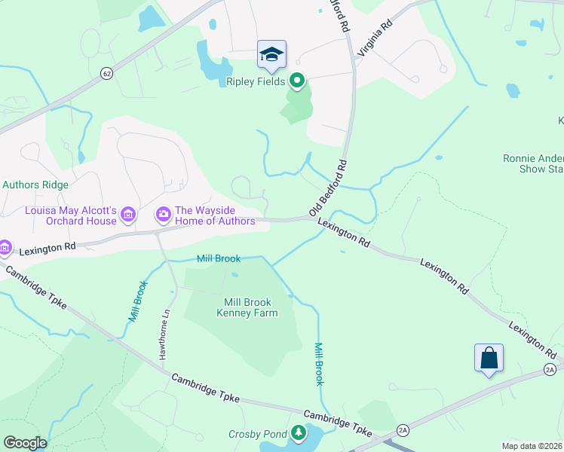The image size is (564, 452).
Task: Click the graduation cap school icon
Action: click(271, 54)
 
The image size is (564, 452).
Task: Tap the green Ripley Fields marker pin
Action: click(297, 80)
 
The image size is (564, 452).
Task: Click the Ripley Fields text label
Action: click(256, 81)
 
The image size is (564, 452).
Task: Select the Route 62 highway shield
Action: click(106, 74)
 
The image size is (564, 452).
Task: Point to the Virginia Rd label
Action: click(376, 40)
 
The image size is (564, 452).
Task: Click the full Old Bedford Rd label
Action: click(328, 188)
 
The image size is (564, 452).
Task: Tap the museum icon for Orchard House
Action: click(128, 216)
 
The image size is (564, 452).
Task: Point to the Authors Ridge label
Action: click(35, 185)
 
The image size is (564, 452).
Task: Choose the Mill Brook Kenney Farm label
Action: click(247, 307)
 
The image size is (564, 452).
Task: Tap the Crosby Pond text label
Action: click(258, 434)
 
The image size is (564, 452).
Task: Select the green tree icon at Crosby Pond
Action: click(299, 432)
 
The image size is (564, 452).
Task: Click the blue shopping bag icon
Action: click(489, 357)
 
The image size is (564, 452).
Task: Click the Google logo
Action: click(24, 443)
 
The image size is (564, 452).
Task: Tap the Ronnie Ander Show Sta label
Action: click(533, 163)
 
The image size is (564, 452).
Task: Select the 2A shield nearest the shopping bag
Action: click(549, 368)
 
